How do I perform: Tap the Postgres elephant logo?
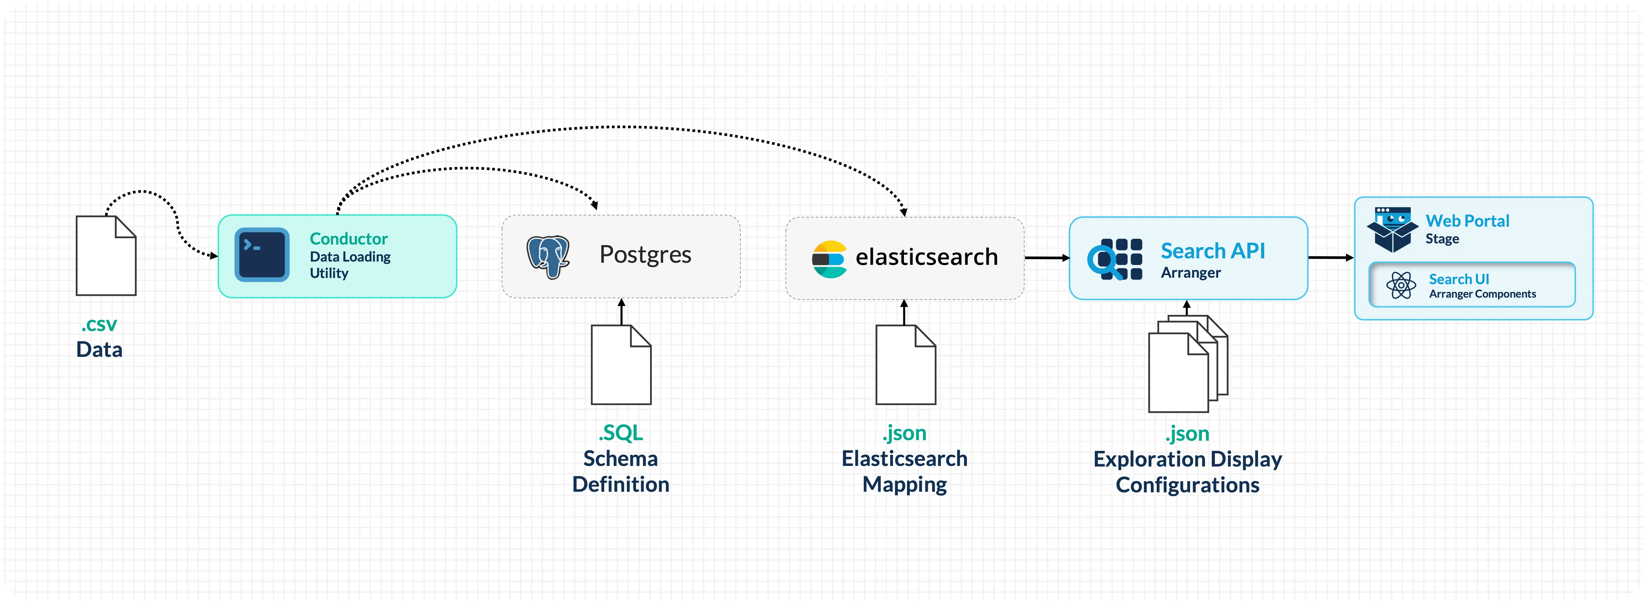548,256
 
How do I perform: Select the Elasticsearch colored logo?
829,259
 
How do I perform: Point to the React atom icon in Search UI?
1401,285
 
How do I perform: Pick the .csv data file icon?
106,256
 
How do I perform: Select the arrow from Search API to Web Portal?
1330,257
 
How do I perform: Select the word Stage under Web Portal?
1442,239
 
